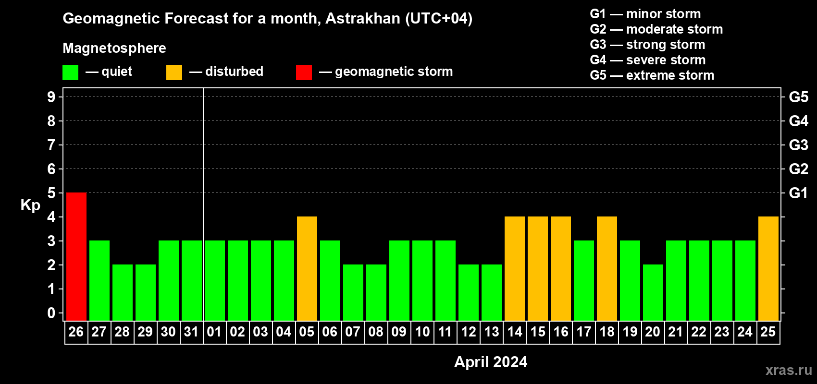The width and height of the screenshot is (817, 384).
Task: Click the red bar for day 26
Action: (76, 256)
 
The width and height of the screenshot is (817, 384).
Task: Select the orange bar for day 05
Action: (307, 268)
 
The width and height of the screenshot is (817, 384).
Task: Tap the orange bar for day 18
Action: (607, 268)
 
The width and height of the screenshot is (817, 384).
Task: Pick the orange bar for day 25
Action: (768, 268)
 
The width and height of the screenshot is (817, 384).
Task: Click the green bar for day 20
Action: (653, 292)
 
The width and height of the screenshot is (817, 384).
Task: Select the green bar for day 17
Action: (584, 280)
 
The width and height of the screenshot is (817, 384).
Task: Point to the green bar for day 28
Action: (123, 292)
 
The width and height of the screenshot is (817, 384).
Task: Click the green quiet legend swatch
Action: (70, 72)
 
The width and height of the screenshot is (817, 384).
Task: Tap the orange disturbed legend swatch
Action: (174, 72)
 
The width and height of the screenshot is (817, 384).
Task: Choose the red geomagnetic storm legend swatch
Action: (304, 72)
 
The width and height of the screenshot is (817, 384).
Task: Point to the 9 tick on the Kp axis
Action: (51, 97)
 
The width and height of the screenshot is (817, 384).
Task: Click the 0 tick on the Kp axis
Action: (51, 313)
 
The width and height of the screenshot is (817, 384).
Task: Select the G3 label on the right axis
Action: (799, 145)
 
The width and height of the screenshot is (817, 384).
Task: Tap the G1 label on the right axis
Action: (799, 193)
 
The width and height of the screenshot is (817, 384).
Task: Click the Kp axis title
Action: (30, 205)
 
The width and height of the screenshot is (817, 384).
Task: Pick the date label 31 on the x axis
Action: (191, 332)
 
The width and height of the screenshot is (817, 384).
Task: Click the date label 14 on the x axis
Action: (515, 332)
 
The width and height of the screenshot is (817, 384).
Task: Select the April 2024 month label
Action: (491, 362)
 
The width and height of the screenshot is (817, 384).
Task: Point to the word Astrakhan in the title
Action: (363, 18)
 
